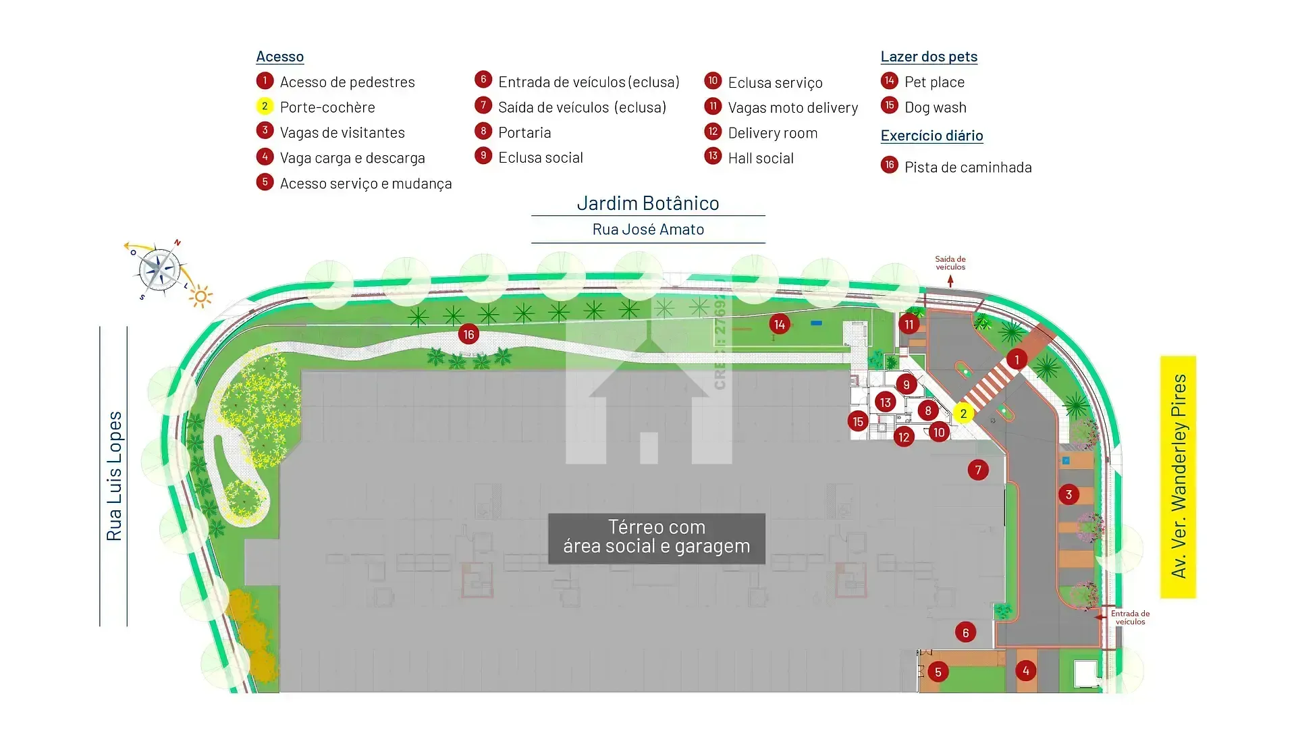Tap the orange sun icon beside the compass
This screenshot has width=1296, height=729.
(200, 296)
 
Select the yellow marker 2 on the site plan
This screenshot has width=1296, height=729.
(963, 413)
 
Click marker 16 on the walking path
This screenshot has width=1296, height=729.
(468, 334)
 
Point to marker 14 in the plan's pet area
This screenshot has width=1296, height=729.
(780, 324)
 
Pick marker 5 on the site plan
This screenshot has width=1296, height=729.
(938, 672)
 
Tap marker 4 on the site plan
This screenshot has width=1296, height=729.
(1026, 670)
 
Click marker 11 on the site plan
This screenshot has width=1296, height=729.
(909, 324)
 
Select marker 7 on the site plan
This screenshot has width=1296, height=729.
(978, 470)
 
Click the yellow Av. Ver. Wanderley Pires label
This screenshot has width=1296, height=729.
(1178, 477)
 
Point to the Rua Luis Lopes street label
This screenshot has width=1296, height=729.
(114, 476)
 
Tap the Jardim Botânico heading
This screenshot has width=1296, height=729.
(648, 202)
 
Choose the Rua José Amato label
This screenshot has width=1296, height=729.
(648, 230)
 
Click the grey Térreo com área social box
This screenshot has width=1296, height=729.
(657, 538)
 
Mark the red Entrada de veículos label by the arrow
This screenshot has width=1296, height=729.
(1130, 618)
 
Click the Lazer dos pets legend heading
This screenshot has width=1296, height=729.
(929, 57)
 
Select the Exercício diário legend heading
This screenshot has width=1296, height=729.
(932, 136)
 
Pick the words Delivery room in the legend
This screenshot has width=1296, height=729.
(773, 133)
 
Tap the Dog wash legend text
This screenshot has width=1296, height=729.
(936, 107)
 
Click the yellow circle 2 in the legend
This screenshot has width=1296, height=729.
(265, 106)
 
